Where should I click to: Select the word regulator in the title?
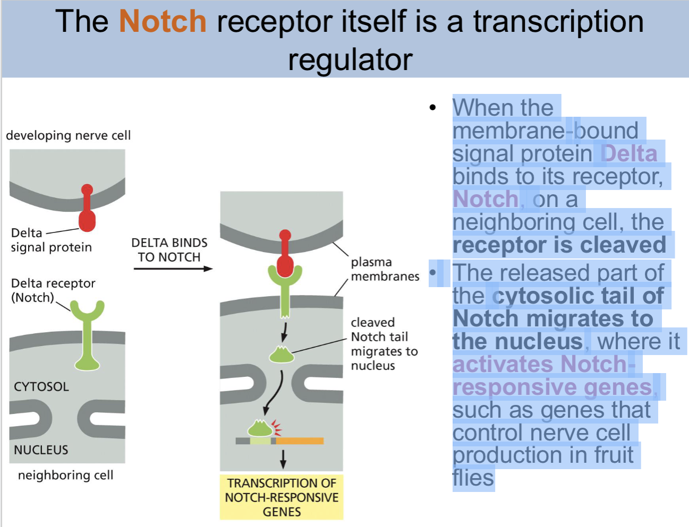[x=350, y=59]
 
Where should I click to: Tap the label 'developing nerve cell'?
[x=68, y=135]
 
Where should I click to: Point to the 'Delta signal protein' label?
[x=51, y=240]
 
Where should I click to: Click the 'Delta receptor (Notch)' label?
[x=53, y=290]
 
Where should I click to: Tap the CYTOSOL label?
[x=41, y=386]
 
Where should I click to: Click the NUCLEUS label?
[x=41, y=450]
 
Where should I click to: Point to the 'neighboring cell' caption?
[x=65, y=475]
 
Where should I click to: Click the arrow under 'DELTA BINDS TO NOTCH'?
[x=173, y=269]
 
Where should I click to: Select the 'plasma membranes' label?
[x=385, y=269]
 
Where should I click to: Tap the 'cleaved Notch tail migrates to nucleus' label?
[x=384, y=344]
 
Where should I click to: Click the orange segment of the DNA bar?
[x=300, y=440]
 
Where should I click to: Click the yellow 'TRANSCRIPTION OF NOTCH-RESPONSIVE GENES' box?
[x=282, y=497]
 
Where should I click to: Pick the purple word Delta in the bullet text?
[x=629, y=153]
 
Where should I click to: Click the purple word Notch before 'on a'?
[x=486, y=200]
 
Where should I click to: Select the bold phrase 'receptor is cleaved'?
[x=559, y=245]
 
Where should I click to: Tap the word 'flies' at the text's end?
[x=473, y=478]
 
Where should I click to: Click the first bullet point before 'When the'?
[x=433, y=108]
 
